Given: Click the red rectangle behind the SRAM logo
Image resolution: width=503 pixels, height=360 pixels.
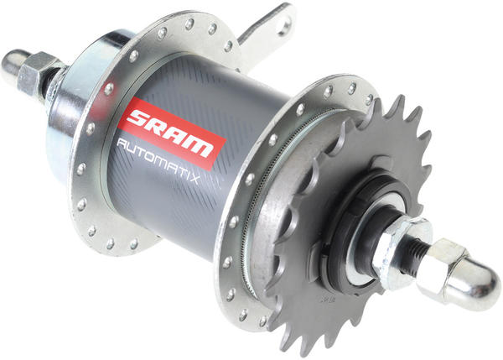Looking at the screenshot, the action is click(172, 133).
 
